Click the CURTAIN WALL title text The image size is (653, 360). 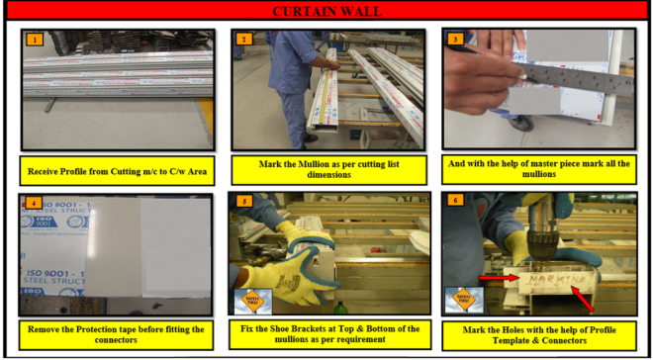326,11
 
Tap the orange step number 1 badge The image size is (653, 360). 35,40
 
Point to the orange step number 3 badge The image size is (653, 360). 454,40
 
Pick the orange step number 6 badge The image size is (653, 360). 454,203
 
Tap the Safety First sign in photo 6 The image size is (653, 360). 460,298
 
